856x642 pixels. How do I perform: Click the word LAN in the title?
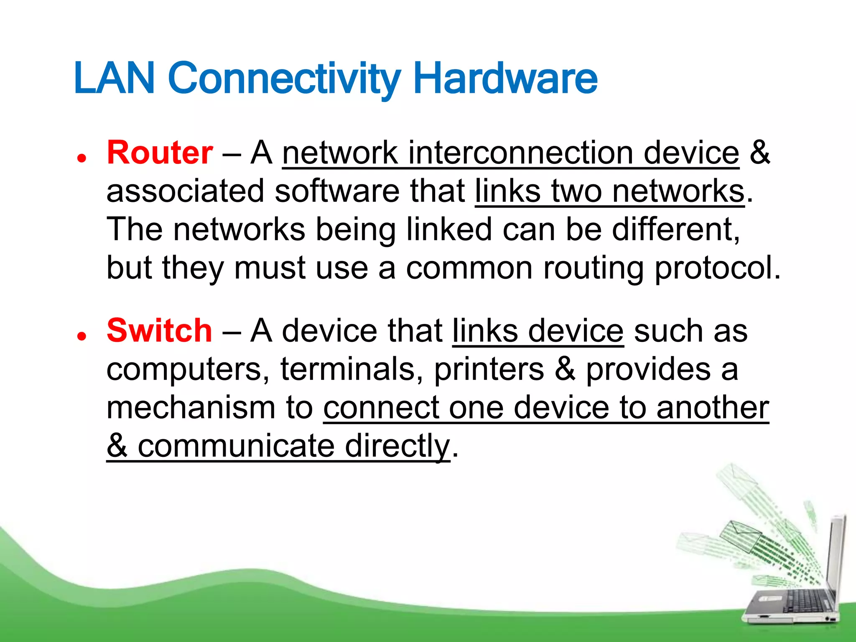(x=114, y=78)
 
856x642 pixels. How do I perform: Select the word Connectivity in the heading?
(x=284, y=79)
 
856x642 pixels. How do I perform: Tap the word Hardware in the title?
(x=505, y=78)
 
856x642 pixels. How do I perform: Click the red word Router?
(x=160, y=153)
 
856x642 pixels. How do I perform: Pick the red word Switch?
(x=159, y=331)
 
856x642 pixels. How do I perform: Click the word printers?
(x=489, y=370)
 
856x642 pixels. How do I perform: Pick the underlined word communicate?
(x=236, y=446)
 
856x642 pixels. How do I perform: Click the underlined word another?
(x=712, y=408)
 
